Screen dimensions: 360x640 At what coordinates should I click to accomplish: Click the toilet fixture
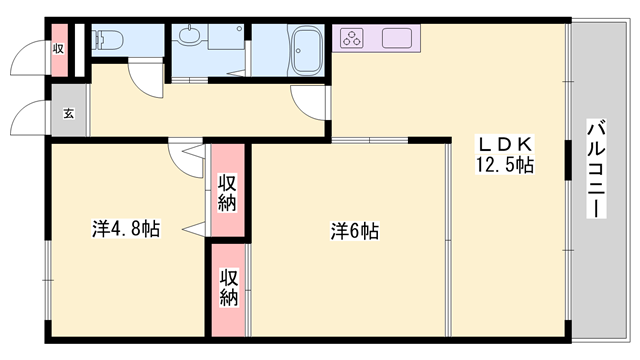tap(107, 41)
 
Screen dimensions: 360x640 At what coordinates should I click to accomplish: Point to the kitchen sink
tap(397, 40)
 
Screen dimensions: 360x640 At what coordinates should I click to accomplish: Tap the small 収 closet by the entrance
tap(59, 48)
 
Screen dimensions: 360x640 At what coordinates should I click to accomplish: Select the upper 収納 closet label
tap(227, 193)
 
